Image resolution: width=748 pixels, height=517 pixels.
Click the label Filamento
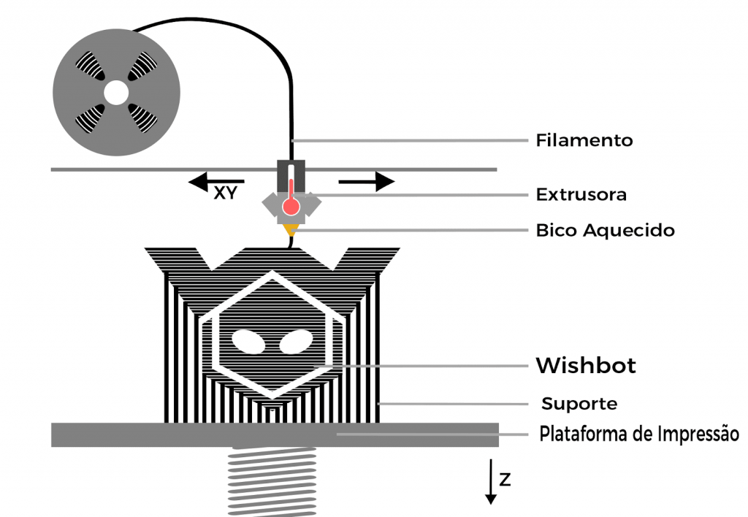click(x=584, y=140)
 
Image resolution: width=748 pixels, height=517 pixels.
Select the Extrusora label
click(x=581, y=194)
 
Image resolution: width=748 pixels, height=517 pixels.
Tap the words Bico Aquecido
click(x=606, y=230)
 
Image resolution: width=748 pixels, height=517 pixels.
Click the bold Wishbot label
click(x=586, y=366)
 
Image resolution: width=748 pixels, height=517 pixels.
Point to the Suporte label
click(x=579, y=404)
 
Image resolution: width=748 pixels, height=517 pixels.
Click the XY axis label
click(x=225, y=194)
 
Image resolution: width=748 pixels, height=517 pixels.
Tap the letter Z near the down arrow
click(x=505, y=479)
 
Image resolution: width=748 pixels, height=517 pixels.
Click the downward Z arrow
click(x=490, y=482)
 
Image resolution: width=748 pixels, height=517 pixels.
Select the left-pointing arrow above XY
click(x=216, y=182)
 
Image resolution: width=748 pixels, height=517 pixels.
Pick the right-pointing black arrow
click(x=367, y=182)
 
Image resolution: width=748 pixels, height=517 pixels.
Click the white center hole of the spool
click(x=116, y=93)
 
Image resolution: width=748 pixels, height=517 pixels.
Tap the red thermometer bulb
click(x=291, y=207)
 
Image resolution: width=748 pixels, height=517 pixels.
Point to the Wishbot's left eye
click(x=248, y=342)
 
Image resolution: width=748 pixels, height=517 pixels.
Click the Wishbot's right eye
click(x=296, y=342)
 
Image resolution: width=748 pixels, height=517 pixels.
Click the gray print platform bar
click(x=275, y=434)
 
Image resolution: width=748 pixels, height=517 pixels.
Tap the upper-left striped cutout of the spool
click(x=91, y=65)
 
